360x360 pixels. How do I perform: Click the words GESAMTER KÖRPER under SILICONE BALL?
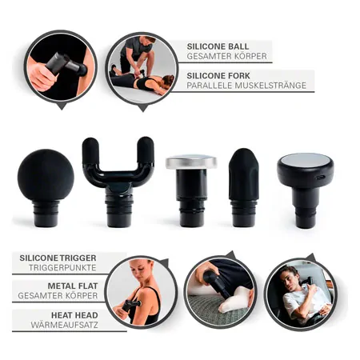coord(227,57)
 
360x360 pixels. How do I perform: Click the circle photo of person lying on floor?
coord(142,67)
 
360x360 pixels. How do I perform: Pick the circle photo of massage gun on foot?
coord(219,291)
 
